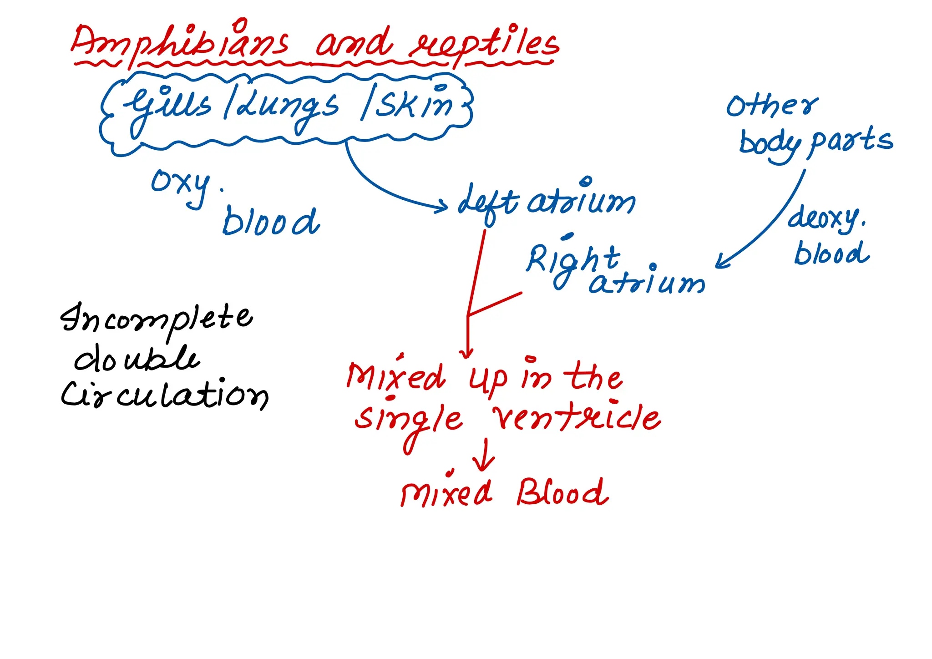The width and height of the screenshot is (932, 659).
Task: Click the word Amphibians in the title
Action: (180, 43)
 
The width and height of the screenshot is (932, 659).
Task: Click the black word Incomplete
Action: (157, 319)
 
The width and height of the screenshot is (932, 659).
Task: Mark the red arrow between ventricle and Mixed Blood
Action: (484, 455)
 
